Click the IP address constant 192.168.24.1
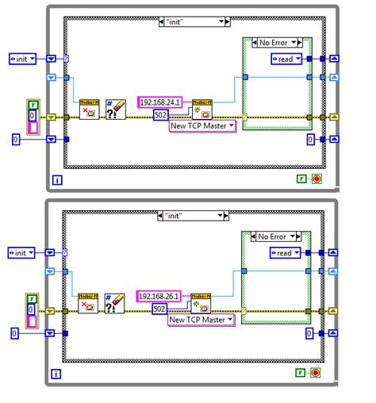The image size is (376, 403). click(160, 102)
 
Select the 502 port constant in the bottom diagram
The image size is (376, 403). click(159, 309)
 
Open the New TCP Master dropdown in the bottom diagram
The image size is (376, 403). click(202, 320)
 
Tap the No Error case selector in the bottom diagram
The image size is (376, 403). click(273, 236)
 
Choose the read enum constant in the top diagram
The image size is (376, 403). click(287, 59)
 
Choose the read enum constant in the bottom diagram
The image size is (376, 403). click(287, 252)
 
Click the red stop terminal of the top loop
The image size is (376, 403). click(317, 179)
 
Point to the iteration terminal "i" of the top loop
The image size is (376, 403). click(57, 180)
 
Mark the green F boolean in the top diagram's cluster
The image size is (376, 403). click(33, 105)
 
